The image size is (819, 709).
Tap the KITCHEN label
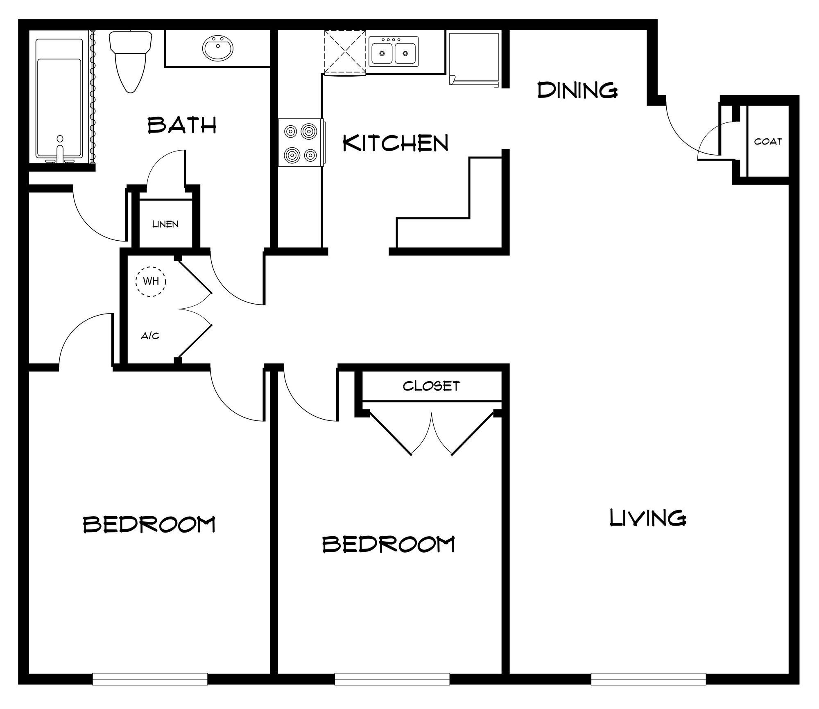point(396,143)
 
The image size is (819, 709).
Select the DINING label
point(577,90)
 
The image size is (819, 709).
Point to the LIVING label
point(648,518)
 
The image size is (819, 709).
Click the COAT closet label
point(768,141)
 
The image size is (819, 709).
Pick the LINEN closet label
point(165,224)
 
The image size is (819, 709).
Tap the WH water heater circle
point(151,281)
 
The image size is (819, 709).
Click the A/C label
point(150,336)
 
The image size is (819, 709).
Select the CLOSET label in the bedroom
point(431,386)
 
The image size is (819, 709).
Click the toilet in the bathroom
point(131,61)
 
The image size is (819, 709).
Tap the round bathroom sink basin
point(218,48)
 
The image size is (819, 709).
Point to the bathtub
point(59,100)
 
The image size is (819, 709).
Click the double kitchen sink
point(394,52)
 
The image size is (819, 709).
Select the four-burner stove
point(301,143)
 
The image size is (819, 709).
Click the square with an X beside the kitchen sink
point(345,52)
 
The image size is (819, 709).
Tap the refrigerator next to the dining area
point(474,58)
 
